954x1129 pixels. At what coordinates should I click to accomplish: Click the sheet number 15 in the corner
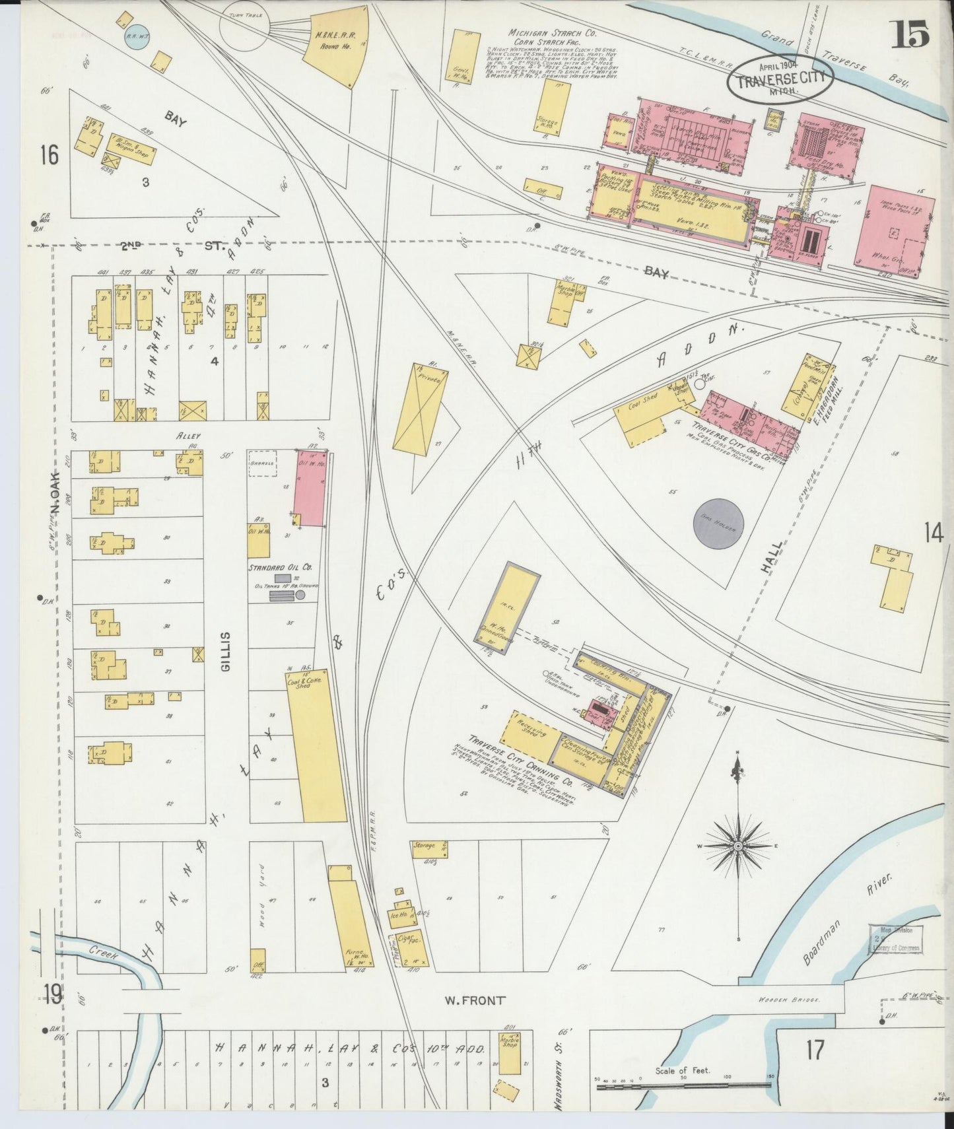(x=911, y=34)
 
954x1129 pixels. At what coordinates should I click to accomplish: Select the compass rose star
(x=738, y=846)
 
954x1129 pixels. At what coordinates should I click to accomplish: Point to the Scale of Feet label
(x=683, y=1070)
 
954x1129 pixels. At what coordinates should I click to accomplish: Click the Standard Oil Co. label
(x=281, y=567)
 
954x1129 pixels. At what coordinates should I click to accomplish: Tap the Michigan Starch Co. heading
(x=543, y=32)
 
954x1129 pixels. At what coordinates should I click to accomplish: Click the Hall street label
(x=774, y=558)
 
